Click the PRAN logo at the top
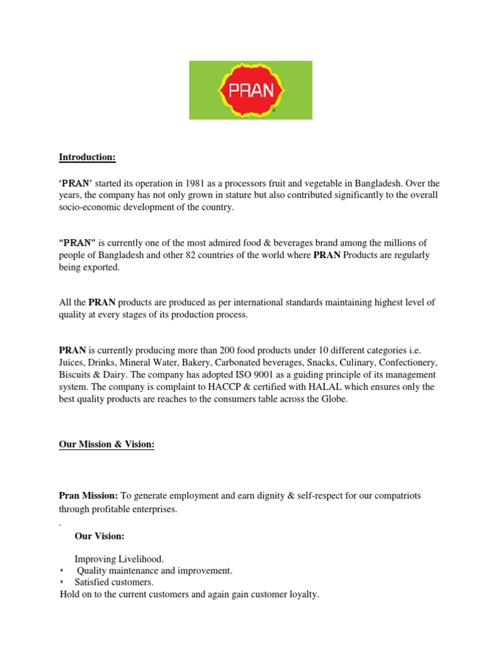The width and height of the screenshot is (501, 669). click(x=250, y=90)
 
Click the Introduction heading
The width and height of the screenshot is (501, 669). click(x=87, y=157)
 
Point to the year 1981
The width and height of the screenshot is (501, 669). click(x=197, y=183)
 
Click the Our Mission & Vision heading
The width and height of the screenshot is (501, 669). click(x=107, y=444)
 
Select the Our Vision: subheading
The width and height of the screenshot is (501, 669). click(x=99, y=536)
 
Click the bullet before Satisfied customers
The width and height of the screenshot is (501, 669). click(x=61, y=581)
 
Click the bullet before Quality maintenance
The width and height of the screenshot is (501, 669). click(x=61, y=570)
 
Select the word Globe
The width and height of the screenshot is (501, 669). click(x=334, y=399)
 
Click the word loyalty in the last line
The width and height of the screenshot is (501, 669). click(x=304, y=595)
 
